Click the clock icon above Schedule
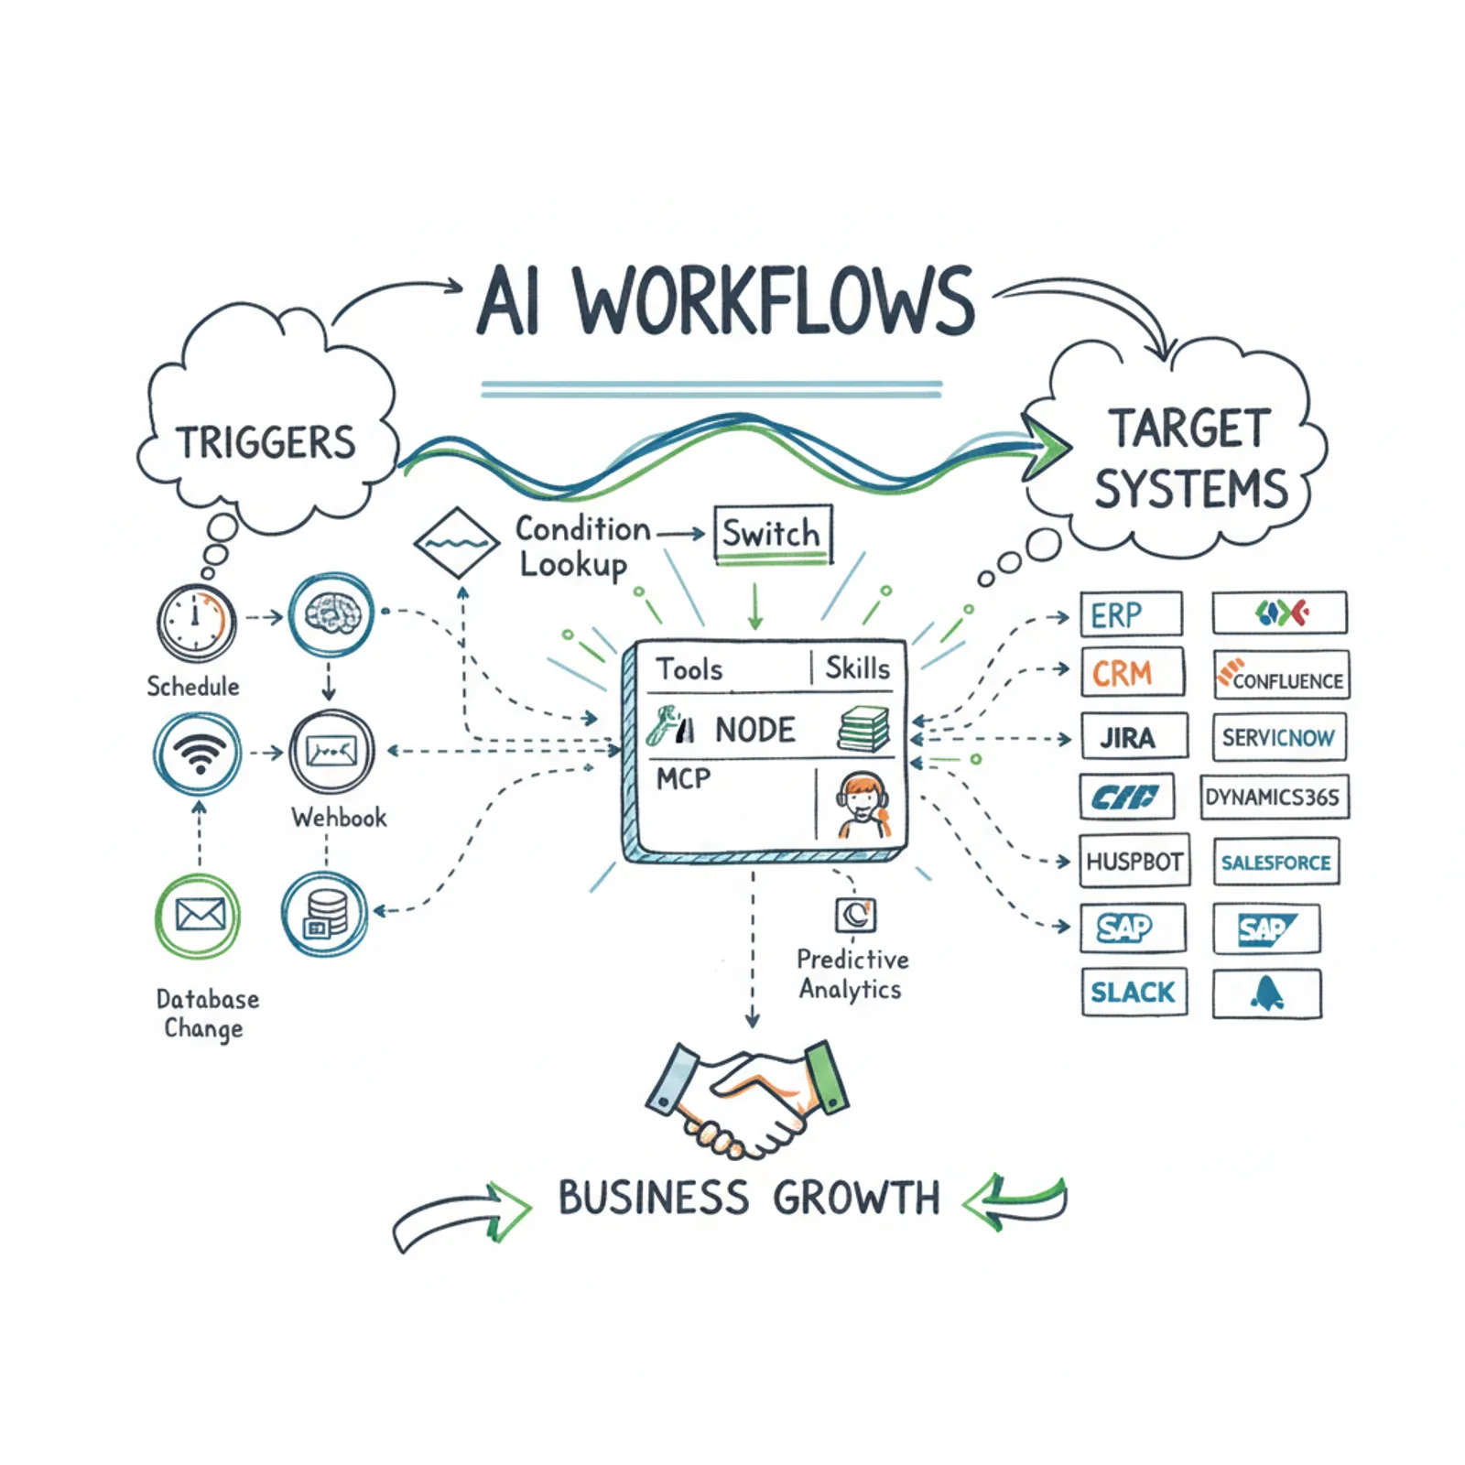tap(196, 623)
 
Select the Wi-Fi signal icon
tap(198, 753)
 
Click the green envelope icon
tap(199, 915)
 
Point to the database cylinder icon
tap(325, 914)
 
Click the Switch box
tap(772, 533)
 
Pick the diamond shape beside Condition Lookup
tap(456, 542)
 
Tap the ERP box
tap(1131, 614)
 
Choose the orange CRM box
tap(1132, 673)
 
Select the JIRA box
tap(1134, 737)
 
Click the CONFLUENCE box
tap(1280, 676)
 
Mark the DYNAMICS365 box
tap(1274, 797)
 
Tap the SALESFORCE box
tap(1276, 862)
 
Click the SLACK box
tap(1134, 992)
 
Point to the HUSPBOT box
tap(1134, 861)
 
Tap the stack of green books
tap(863, 729)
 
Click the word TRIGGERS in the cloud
tap(266, 443)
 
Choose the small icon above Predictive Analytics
tap(856, 914)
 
